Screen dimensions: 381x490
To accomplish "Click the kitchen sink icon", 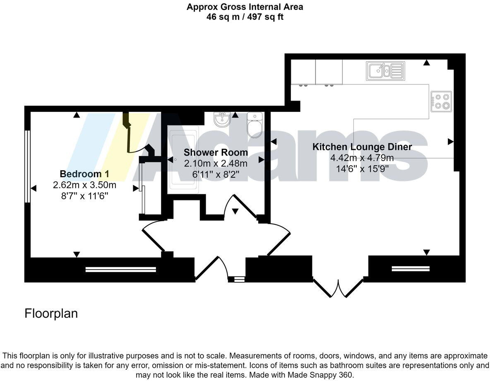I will [385, 71].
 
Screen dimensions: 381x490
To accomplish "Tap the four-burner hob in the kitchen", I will [441, 101].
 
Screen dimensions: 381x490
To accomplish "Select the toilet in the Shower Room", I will [254, 125].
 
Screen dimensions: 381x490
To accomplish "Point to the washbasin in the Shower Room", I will [222, 120].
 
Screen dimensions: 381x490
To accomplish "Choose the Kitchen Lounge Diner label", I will [362, 147].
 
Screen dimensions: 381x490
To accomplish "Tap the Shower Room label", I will [216, 152].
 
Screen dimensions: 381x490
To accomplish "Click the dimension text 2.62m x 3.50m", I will [84, 185].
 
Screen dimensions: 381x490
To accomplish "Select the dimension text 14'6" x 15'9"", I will [362, 169].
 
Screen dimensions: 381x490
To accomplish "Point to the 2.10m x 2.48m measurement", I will [216, 163].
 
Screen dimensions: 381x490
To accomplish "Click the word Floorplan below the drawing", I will [51, 313].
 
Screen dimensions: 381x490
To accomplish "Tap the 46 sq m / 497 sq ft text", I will [245, 17].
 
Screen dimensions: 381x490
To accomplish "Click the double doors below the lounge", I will [339, 288].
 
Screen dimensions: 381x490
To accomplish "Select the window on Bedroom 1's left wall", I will [28, 166].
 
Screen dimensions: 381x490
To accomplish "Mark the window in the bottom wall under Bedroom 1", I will [121, 270].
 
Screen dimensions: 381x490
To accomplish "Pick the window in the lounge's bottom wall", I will [411, 269].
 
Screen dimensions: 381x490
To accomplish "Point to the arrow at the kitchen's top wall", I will [426, 63].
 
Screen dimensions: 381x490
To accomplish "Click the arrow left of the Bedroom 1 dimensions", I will [34, 188].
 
